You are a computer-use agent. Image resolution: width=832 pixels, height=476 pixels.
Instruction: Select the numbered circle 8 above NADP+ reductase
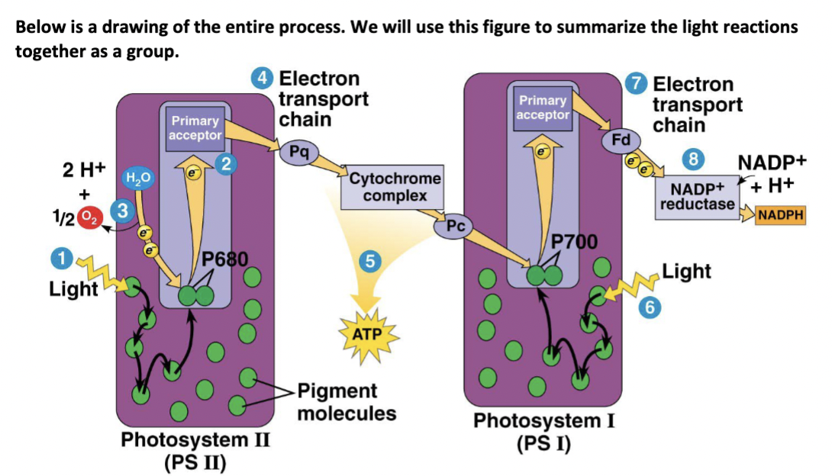tap(693, 160)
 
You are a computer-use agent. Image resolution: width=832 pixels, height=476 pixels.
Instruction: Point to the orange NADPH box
tap(780, 215)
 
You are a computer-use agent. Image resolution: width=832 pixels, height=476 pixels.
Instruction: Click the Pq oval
tap(298, 151)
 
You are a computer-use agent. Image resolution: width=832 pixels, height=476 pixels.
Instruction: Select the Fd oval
tap(621, 140)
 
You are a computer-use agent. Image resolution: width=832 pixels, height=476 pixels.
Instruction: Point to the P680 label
tap(225, 258)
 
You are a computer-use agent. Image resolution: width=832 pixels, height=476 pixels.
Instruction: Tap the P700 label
tap(574, 243)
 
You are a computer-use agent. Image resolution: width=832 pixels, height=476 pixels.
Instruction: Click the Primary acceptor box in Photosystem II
tap(195, 127)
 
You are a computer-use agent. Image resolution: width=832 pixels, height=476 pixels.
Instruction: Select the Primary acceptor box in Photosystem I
tap(543, 108)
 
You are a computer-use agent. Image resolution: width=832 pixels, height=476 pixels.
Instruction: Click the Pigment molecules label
tap(347, 402)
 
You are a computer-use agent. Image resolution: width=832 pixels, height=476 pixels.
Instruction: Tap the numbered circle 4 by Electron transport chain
tap(262, 79)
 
